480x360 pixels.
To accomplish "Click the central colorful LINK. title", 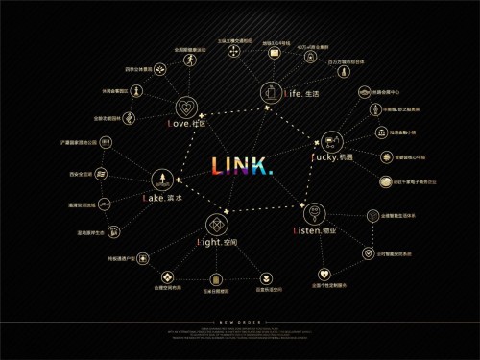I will click(x=242, y=166).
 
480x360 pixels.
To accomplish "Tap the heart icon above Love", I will click(x=186, y=107).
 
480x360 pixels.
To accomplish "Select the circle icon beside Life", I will click(x=270, y=92).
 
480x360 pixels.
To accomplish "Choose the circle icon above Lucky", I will click(x=332, y=141).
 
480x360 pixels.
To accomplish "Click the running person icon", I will click(x=190, y=62).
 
